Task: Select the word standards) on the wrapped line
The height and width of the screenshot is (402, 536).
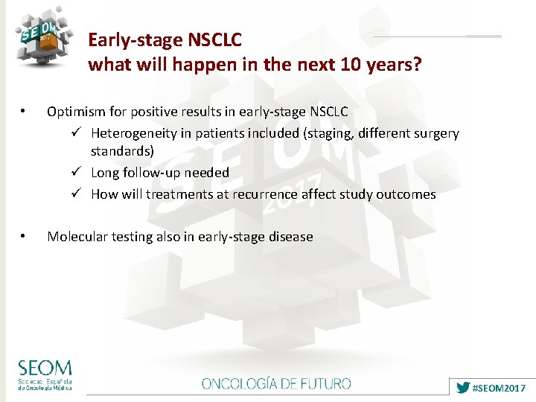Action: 122,150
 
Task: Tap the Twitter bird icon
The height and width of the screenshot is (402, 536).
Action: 463,388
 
